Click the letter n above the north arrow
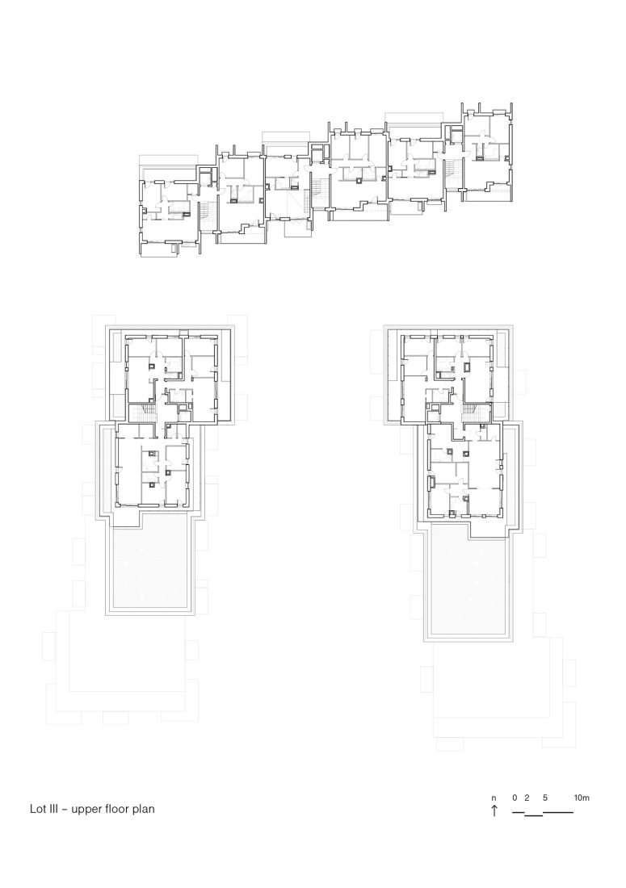point(494,798)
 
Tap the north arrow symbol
point(494,811)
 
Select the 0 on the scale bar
point(515,798)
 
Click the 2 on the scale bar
point(526,798)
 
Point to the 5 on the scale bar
point(545,798)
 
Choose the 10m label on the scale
point(582,798)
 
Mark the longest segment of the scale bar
point(558,812)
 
